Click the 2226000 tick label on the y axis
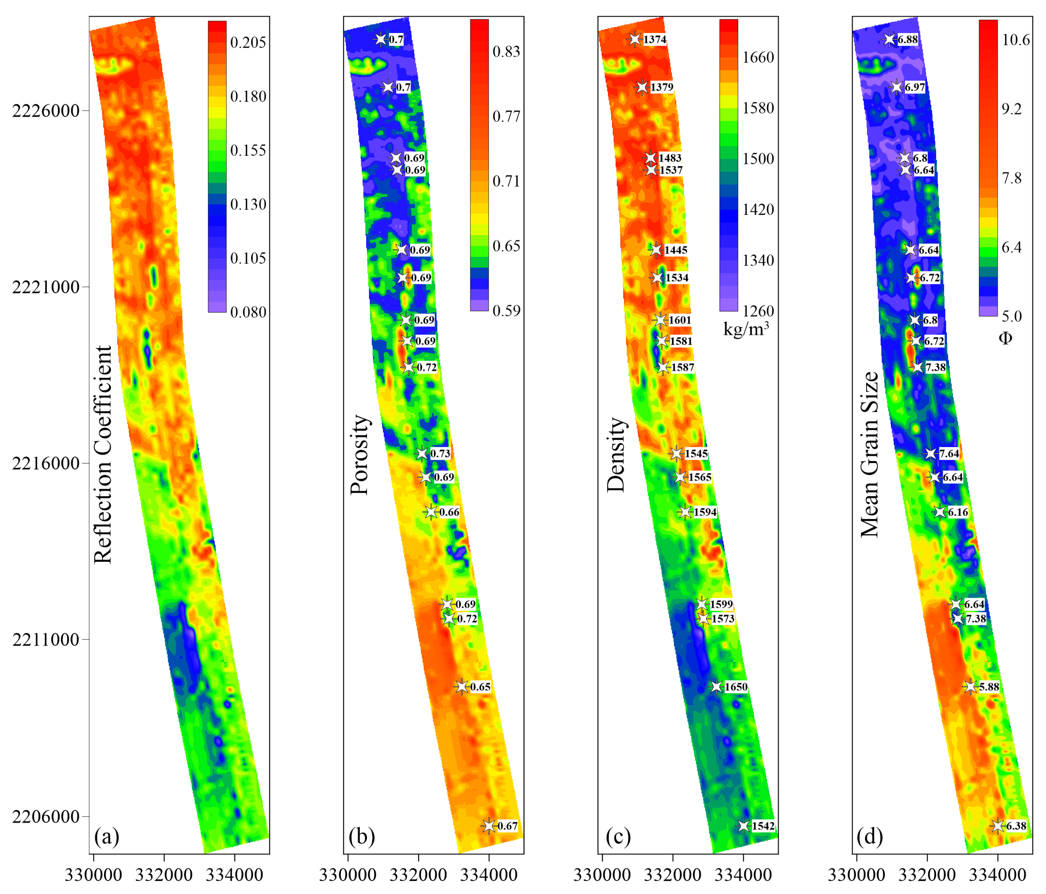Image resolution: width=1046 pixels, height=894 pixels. pyautogui.click(x=46, y=111)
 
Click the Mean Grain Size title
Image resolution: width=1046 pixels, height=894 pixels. pyautogui.click(x=869, y=455)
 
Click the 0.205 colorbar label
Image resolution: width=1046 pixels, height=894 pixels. pyautogui.click(x=247, y=42)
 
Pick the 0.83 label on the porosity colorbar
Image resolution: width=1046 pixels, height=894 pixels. pyautogui.click(x=506, y=52)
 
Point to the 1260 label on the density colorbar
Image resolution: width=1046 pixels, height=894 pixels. pyautogui.click(x=758, y=311)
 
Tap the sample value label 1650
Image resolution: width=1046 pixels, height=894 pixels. pyautogui.click(x=736, y=687)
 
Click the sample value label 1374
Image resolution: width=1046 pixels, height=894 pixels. pyautogui.click(x=655, y=39)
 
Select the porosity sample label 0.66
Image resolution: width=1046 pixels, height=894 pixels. pyautogui.click(x=449, y=512)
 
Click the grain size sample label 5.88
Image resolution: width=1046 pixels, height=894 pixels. pyautogui.click(x=989, y=687)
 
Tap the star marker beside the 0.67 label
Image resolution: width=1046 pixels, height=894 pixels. pyautogui.click(x=488, y=826)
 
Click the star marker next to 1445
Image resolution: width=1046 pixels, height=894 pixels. pyautogui.click(x=655, y=249)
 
